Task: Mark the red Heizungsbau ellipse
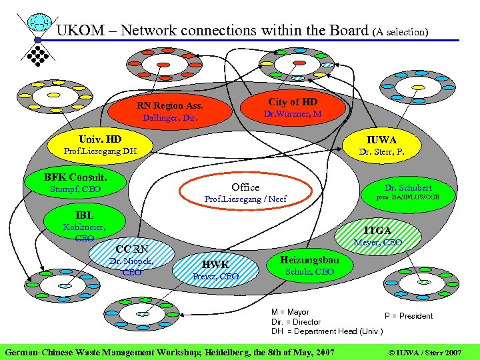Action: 309,265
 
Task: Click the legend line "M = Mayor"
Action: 290,312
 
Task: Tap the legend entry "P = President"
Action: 408,316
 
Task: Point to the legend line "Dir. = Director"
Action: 296,321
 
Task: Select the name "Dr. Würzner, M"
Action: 293,114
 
